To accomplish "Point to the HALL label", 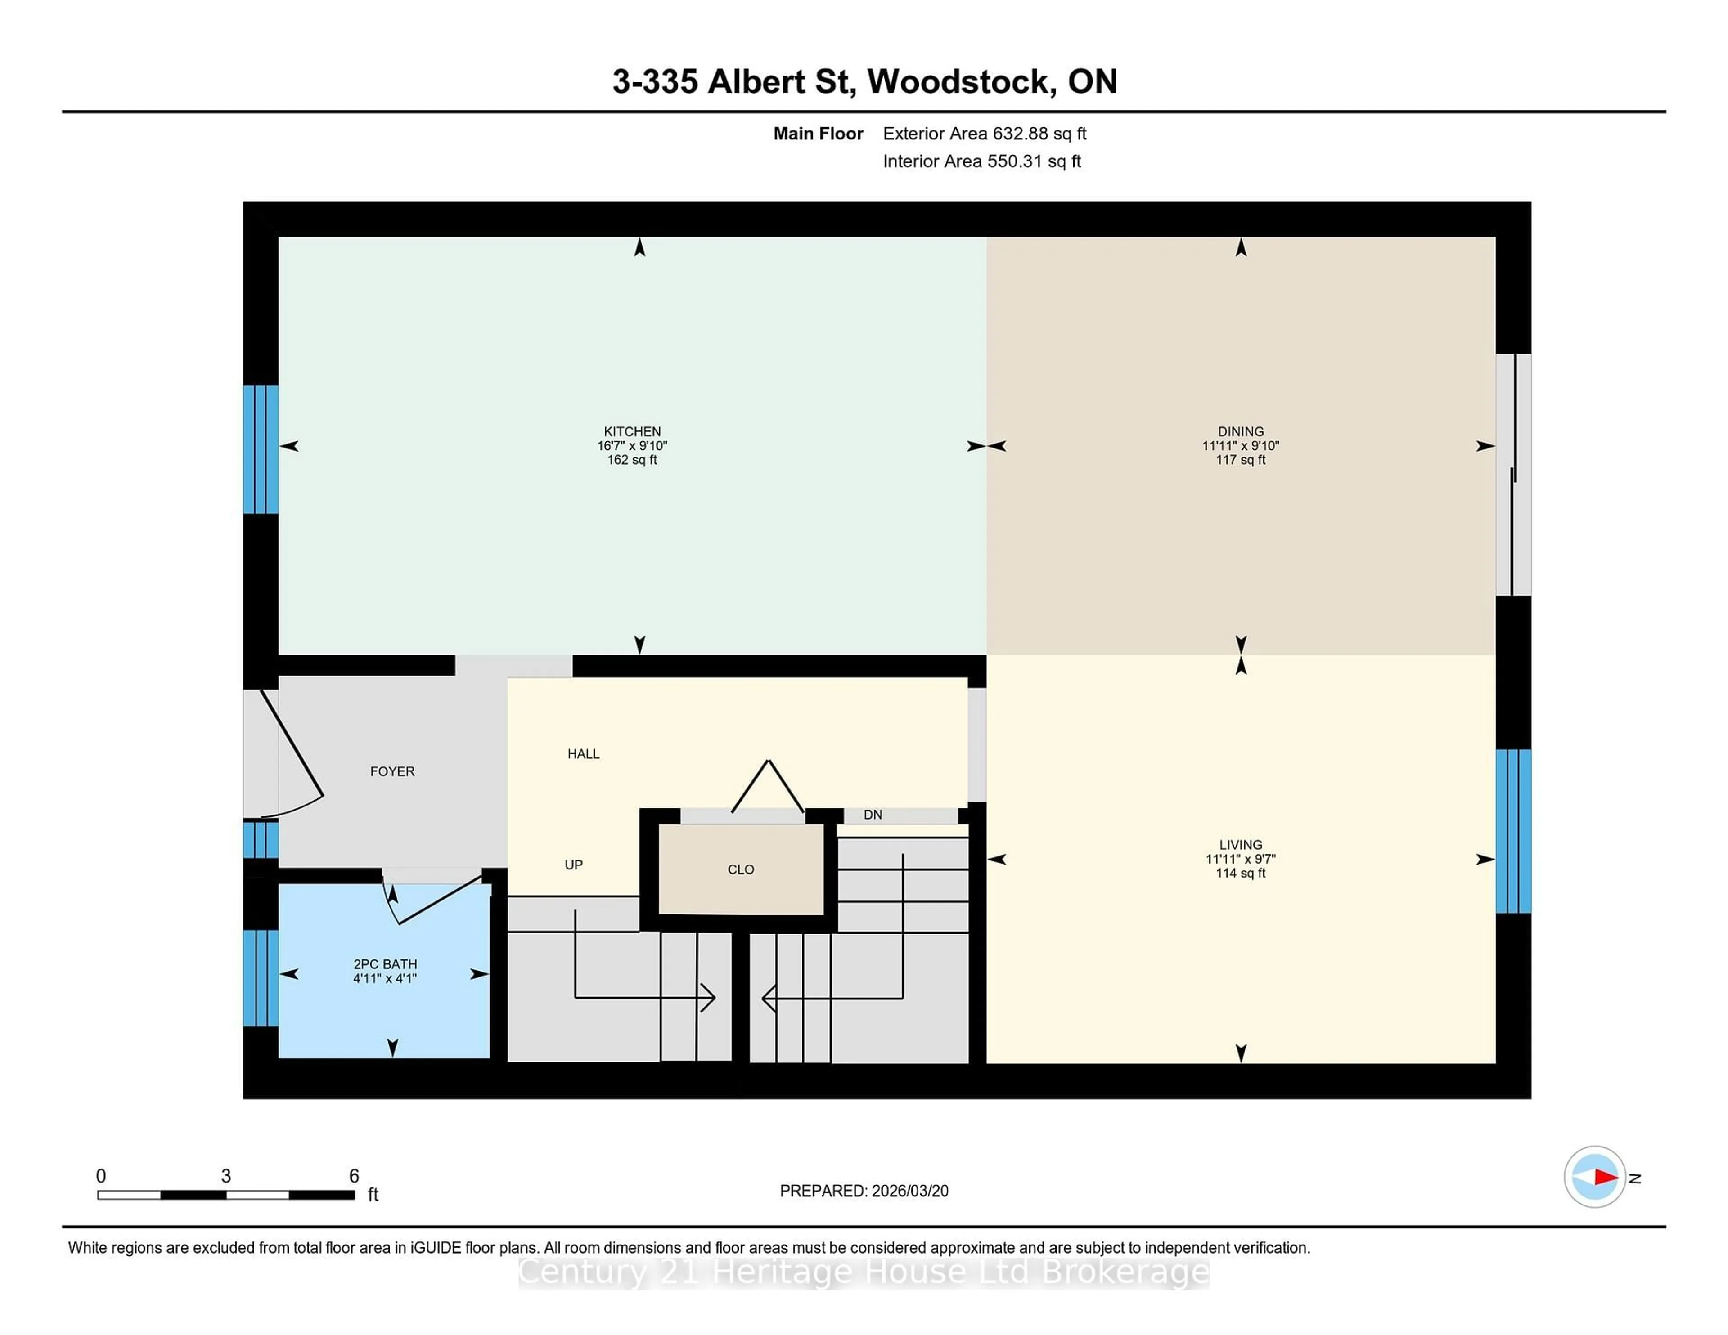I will (583, 754).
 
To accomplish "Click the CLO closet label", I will (741, 869).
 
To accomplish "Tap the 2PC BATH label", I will (385, 964).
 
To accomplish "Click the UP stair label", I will (574, 865).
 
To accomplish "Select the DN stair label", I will (873, 815).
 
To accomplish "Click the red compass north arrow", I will (1605, 1177).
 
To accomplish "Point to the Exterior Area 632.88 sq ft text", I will (984, 134).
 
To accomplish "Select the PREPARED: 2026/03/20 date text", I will (864, 1191).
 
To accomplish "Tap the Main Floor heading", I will (818, 134).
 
